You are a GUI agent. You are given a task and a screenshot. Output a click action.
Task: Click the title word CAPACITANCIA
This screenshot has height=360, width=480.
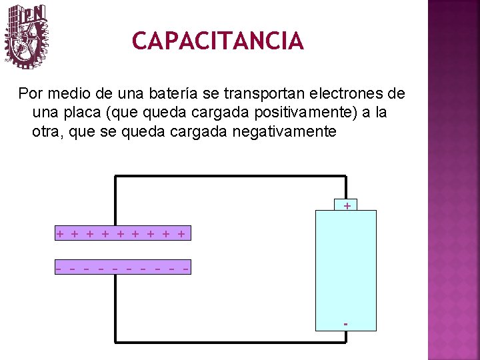coord(218,41)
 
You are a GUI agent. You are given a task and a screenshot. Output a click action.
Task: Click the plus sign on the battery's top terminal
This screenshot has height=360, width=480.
coord(347,206)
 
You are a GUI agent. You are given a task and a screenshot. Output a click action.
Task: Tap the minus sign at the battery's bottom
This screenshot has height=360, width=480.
coord(345,324)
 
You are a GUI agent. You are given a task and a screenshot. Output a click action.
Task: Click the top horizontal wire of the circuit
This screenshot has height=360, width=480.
coord(230,177)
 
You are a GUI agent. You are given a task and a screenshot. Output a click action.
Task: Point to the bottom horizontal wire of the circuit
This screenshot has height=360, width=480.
coord(230,342)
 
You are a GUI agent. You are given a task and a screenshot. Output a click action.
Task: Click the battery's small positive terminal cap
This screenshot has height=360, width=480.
coord(346,205)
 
